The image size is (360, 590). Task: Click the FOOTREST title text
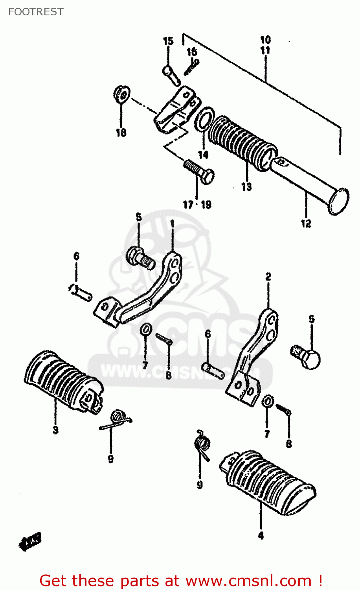(36, 12)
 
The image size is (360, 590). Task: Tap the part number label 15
(168, 41)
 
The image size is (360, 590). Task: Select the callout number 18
(121, 133)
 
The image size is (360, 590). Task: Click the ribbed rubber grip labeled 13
(242, 140)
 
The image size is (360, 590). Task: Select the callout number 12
(306, 223)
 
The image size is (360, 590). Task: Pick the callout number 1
(172, 224)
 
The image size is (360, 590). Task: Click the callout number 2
(268, 277)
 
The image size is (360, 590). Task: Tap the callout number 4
(261, 536)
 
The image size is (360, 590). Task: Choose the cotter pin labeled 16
(192, 66)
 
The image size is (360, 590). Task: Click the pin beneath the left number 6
(81, 291)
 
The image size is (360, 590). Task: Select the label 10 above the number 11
(265, 40)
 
